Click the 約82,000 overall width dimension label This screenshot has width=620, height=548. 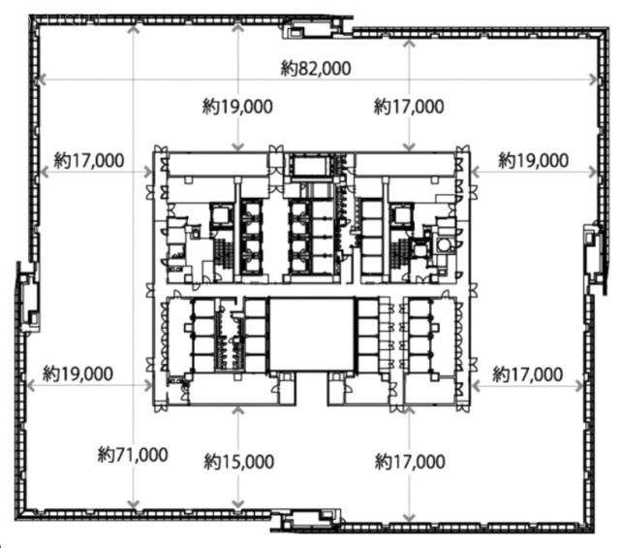[x=315, y=69]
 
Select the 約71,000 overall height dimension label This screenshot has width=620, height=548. [x=133, y=453]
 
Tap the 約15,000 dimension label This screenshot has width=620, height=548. [x=238, y=462]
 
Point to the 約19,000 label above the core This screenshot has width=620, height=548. [x=236, y=107]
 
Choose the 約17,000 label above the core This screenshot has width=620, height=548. [x=409, y=107]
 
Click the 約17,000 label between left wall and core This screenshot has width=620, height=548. [x=89, y=160]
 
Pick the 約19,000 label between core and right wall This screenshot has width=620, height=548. [x=533, y=160]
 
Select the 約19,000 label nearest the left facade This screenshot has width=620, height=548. [x=77, y=373]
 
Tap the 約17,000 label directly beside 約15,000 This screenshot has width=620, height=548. [x=410, y=462]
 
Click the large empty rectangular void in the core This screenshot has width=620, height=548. [x=312, y=335]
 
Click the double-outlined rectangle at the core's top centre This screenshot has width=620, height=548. [x=312, y=166]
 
